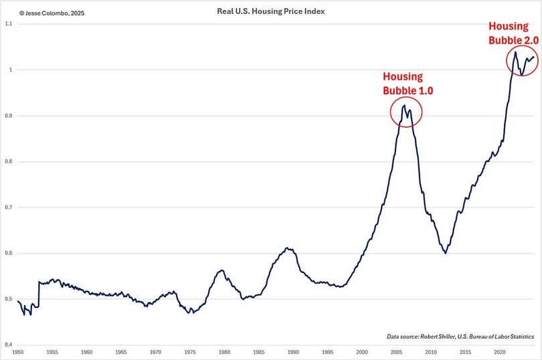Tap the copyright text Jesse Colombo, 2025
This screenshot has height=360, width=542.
click(43, 12)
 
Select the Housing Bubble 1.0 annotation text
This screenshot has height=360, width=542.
click(403, 84)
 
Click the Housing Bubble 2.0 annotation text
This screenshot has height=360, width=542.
click(513, 33)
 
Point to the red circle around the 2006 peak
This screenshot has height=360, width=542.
click(406, 112)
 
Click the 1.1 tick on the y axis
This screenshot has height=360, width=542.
click(8, 24)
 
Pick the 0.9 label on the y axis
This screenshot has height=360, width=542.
click(8, 116)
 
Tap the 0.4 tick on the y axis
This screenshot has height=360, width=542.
click(8, 345)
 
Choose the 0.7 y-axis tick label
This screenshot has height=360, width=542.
click(8, 207)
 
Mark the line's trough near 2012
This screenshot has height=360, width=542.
click(445, 253)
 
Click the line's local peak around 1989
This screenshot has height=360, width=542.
click(287, 248)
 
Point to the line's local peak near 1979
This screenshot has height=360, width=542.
click(221, 270)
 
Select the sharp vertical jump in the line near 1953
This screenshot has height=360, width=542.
click(38, 294)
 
